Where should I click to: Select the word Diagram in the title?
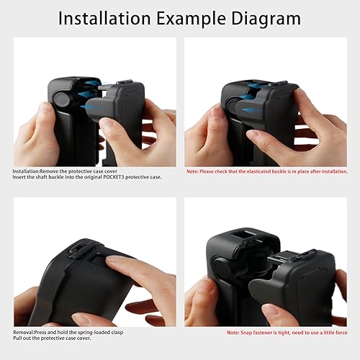coord(270,18)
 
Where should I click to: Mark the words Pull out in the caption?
coord(22,338)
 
